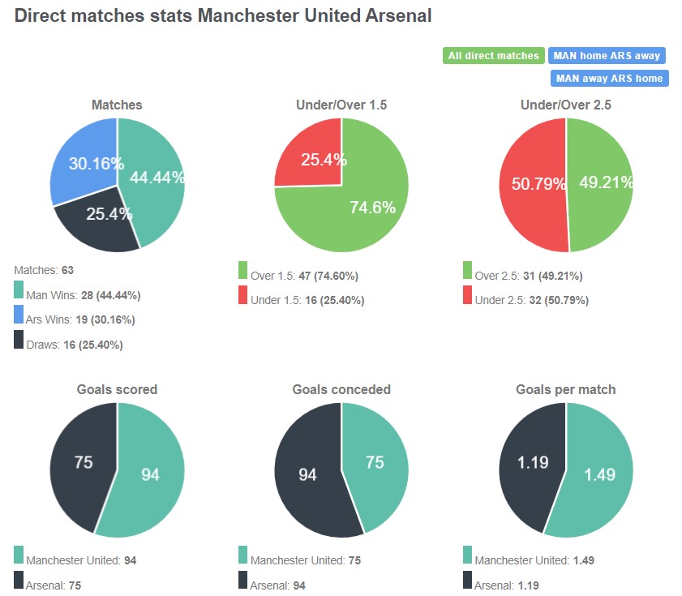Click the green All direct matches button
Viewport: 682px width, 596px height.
pyautogui.click(x=493, y=56)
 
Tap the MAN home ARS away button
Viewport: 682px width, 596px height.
pyautogui.click(x=607, y=56)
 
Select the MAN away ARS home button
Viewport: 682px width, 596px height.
pyautogui.click(x=609, y=79)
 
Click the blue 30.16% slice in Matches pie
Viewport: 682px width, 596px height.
pyautogui.click(x=85, y=158)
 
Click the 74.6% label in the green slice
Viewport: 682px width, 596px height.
pyautogui.click(x=372, y=208)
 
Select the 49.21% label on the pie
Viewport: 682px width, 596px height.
pyautogui.click(x=606, y=182)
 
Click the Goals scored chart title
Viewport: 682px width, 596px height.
pyautogui.click(x=117, y=389)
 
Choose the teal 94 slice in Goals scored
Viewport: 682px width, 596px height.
pyautogui.click(x=150, y=474)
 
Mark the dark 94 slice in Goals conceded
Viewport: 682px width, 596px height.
pyautogui.click(x=307, y=474)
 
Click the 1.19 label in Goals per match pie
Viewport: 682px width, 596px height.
pyautogui.click(x=533, y=463)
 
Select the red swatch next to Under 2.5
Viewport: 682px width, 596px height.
pyautogui.click(x=468, y=296)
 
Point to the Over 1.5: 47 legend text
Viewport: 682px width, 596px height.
pyautogui.click(x=304, y=276)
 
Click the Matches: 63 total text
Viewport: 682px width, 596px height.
pyautogui.click(x=44, y=269)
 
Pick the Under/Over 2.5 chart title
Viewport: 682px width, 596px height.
pyautogui.click(x=565, y=105)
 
